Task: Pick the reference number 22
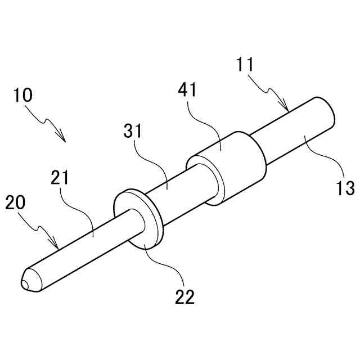tap(184, 296)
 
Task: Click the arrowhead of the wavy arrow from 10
tap(64, 139)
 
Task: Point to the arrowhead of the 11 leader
tap(287, 110)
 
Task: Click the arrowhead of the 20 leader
tap(58, 247)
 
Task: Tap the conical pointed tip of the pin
tap(27, 281)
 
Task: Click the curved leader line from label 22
tap(166, 264)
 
